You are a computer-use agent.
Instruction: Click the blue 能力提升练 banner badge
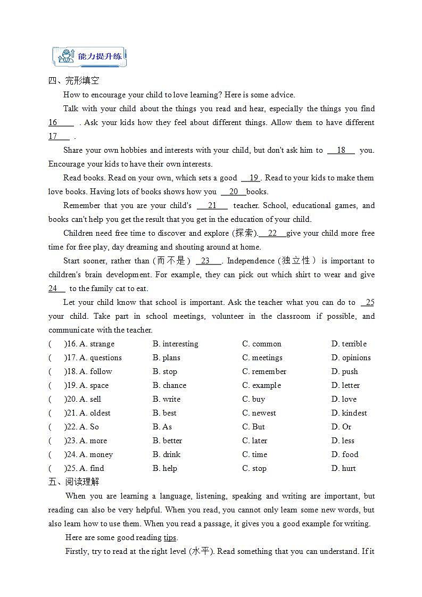coord(89,56)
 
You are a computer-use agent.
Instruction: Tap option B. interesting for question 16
coord(175,344)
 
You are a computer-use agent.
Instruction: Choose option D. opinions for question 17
coord(351,358)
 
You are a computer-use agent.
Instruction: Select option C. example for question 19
coord(261,385)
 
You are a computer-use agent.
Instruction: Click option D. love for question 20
coord(344,399)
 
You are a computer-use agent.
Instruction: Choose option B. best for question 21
coord(164,413)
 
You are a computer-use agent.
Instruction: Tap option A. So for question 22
coord(89,427)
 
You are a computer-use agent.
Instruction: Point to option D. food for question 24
coord(345,454)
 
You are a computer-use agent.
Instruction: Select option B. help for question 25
coord(165,468)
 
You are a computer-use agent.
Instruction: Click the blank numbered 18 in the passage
coord(341,151)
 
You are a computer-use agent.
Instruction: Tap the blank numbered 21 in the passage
coord(212,206)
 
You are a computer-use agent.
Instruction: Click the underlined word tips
coord(170,537)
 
